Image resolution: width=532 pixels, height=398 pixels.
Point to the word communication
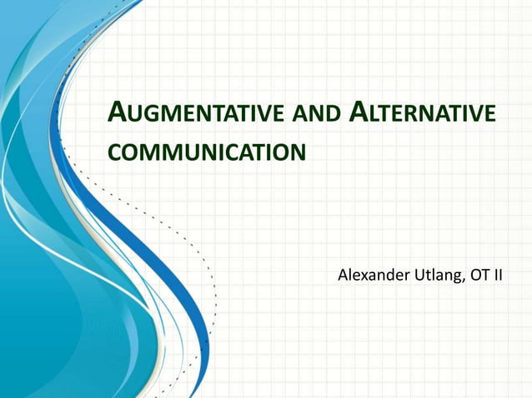click(x=206, y=153)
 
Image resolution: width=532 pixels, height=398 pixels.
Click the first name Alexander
click(x=374, y=276)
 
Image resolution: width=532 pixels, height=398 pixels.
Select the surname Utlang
click(x=438, y=276)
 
